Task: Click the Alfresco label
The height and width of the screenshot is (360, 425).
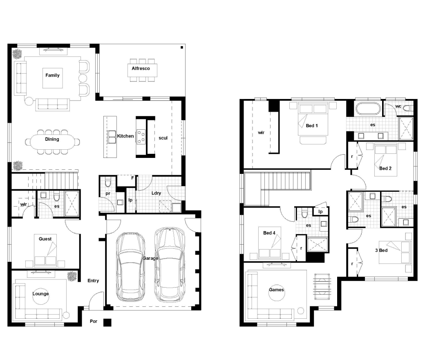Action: click(x=141, y=68)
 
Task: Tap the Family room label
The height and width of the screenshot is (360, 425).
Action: click(x=52, y=75)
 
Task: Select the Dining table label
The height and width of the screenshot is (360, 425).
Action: click(x=52, y=139)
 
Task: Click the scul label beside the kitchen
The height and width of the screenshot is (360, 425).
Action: click(x=163, y=138)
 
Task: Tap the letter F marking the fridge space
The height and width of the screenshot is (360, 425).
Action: click(x=132, y=178)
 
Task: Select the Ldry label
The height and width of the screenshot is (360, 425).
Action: click(x=156, y=193)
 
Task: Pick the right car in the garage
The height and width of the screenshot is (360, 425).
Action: click(x=170, y=265)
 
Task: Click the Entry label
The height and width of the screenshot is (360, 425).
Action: click(x=93, y=281)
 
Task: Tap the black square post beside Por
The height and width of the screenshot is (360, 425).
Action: click(x=107, y=322)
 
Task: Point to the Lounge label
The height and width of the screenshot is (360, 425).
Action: click(x=40, y=294)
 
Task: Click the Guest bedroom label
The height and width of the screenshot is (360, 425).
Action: click(x=45, y=239)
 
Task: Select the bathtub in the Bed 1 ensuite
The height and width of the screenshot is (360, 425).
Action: click(x=368, y=108)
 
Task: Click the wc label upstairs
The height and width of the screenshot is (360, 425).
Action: click(x=398, y=106)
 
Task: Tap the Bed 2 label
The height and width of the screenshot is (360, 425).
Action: click(x=385, y=169)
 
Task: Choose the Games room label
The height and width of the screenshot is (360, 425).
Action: click(x=277, y=290)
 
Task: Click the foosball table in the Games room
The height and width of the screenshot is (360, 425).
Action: click(x=322, y=286)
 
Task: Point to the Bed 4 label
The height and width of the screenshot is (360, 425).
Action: click(x=269, y=233)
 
